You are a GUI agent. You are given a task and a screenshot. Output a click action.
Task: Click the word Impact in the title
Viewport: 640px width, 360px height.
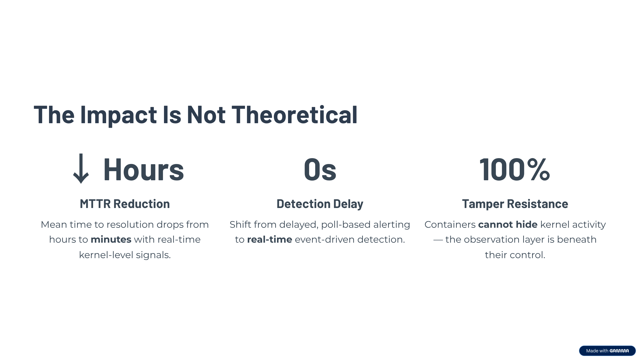118,115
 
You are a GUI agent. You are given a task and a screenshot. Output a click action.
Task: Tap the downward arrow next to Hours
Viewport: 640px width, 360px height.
81,169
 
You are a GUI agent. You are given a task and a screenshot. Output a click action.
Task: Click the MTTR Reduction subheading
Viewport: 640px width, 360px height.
125,204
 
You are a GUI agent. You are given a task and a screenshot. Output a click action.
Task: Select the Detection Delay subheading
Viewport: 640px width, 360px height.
320,204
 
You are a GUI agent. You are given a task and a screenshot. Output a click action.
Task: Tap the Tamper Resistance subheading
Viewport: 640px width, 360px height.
515,204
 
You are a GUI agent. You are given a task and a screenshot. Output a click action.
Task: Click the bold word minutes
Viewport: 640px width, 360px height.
111,239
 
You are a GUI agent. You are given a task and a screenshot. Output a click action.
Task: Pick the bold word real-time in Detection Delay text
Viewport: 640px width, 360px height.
270,239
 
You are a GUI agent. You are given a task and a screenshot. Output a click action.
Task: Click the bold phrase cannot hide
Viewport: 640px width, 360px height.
508,225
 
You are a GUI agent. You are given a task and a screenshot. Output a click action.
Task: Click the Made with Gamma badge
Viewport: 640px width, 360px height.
607,351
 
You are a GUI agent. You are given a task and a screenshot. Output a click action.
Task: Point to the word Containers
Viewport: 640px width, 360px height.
450,225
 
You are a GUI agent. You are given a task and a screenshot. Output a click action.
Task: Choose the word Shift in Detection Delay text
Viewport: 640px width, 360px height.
239,225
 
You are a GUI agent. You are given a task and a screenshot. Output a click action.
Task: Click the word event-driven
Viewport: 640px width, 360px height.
325,239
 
